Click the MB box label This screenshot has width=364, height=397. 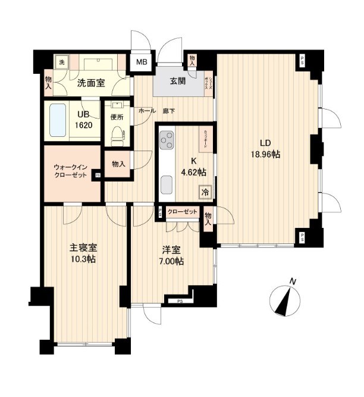[x=143, y=62]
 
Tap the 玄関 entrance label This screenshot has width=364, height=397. [x=178, y=82]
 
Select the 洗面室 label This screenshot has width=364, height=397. [x=91, y=83]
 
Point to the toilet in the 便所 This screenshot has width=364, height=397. [x=117, y=135]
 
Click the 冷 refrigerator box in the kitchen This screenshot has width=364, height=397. [x=204, y=192]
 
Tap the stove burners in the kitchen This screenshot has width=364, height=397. [x=166, y=142]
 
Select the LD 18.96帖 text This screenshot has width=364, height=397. [x=266, y=148]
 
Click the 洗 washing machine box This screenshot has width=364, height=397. [x=62, y=62]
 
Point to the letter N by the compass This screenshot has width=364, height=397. [x=293, y=281]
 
